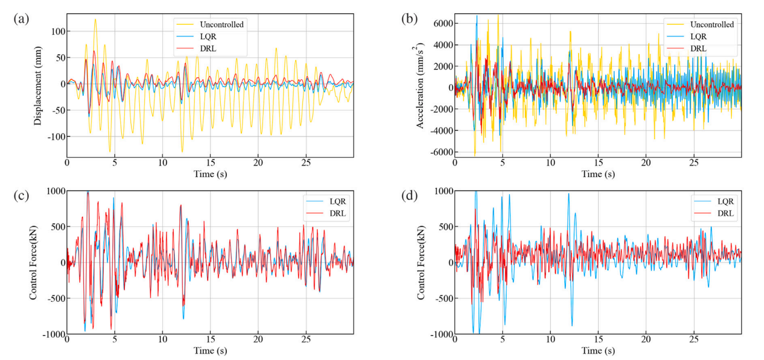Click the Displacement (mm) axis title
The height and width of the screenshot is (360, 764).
[38, 84]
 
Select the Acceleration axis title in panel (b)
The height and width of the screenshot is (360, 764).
[421, 84]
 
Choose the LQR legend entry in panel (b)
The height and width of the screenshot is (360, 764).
[699, 36]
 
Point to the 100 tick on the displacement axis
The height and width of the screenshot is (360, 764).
[56, 31]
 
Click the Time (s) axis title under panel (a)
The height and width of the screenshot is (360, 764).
[210, 174]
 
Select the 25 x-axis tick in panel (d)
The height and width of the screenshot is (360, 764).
[694, 339]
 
